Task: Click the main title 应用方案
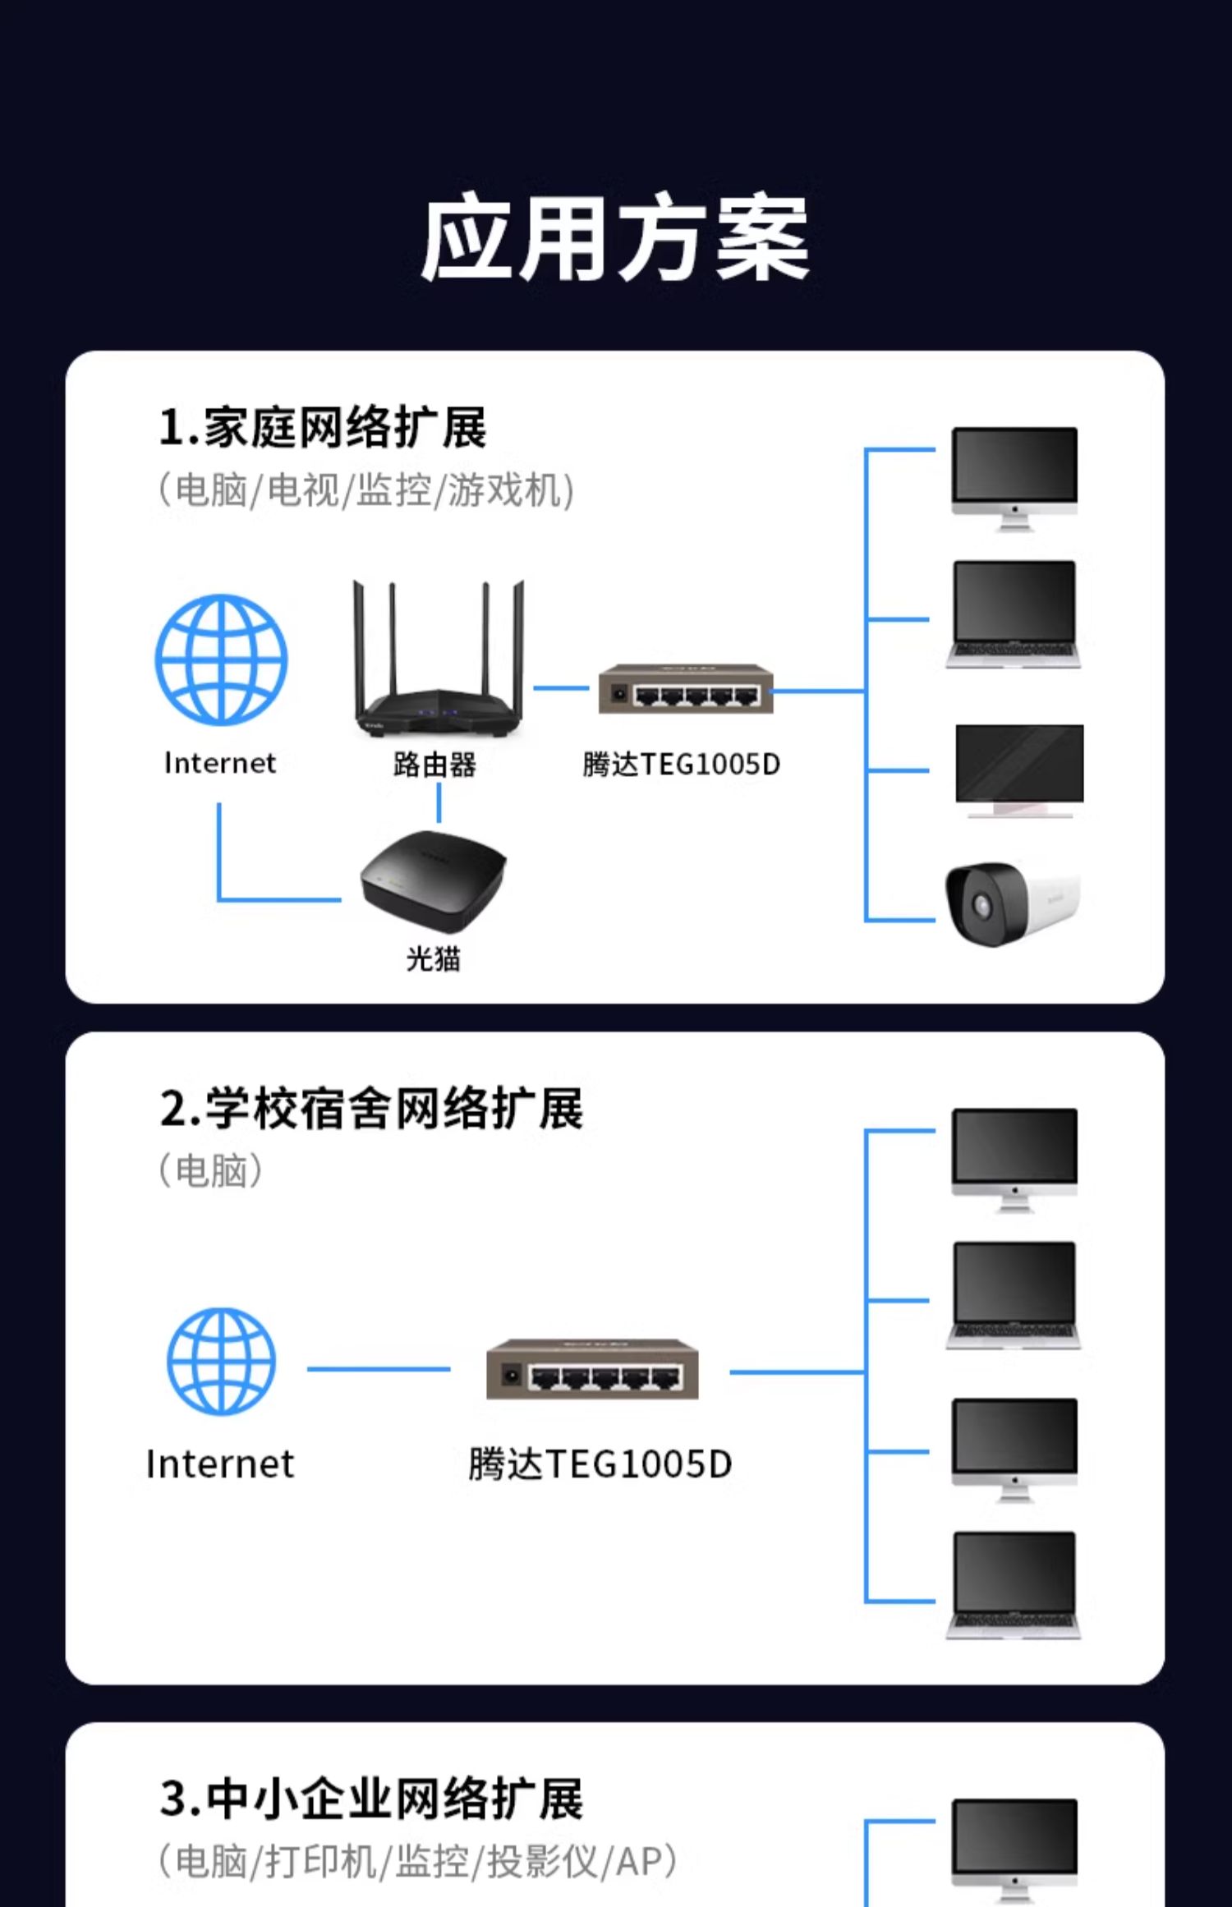click(x=615, y=239)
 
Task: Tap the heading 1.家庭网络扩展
click(x=323, y=428)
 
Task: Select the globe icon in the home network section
click(x=222, y=659)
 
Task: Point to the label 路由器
click(x=434, y=765)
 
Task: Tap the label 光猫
click(x=433, y=958)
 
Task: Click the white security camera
click(x=1012, y=903)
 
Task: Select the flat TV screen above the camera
click(x=1018, y=769)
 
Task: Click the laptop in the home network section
click(x=1014, y=613)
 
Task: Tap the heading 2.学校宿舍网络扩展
click(x=371, y=1109)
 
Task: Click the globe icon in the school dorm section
click(x=222, y=1361)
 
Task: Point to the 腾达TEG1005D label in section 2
click(x=600, y=1464)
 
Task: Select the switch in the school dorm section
click(x=592, y=1369)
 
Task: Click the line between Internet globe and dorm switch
click(x=379, y=1369)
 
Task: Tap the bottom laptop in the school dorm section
click(x=1014, y=1584)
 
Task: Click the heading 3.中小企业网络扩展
click(x=371, y=1799)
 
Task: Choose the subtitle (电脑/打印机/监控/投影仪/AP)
click(x=417, y=1862)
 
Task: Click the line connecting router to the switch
click(x=561, y=687)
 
